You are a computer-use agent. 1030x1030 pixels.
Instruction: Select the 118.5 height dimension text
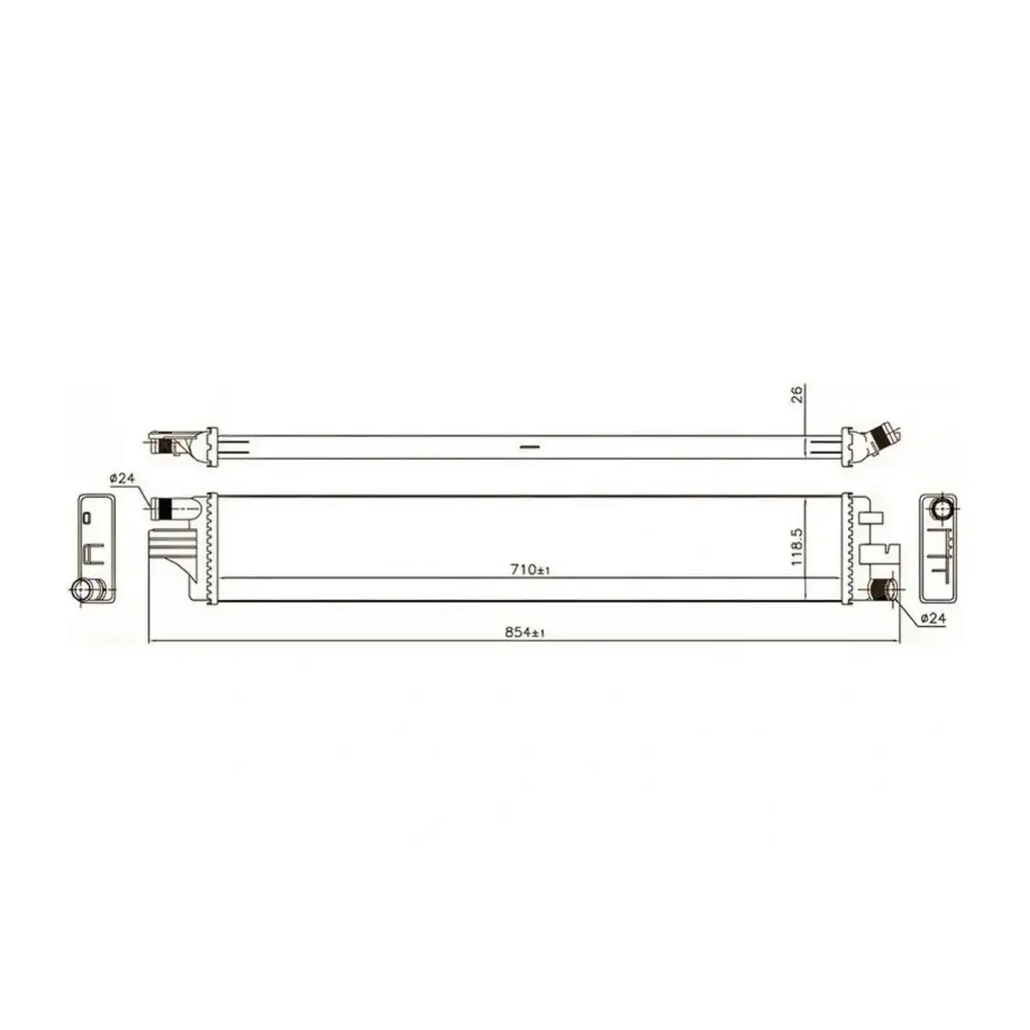[797, 548]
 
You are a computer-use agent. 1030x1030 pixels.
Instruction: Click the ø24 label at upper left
[123, 479]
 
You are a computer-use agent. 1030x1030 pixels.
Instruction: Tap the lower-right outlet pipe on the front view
[881, 590]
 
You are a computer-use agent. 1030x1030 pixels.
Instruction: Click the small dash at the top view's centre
[529, 446]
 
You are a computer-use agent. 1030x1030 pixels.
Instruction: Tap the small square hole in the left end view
[87, 518]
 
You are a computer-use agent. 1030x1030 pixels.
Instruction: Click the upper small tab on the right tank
[869, 518]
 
